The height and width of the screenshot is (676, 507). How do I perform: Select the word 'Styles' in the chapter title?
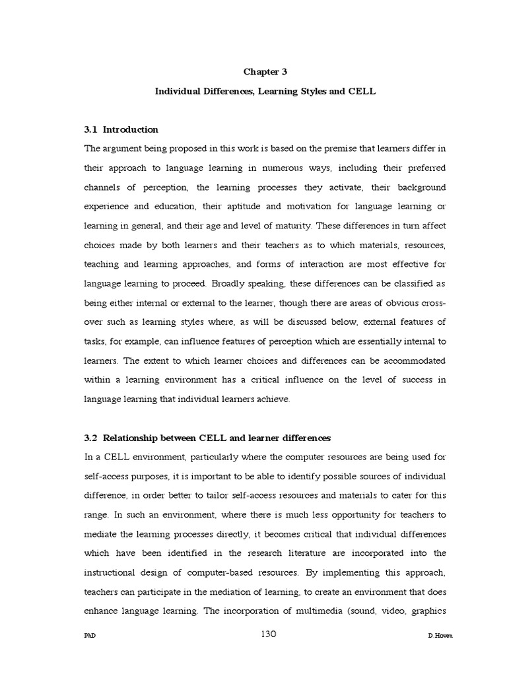[309, 92]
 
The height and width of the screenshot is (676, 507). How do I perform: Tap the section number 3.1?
[91, 129]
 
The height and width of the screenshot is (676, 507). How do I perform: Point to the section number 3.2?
[91, 438]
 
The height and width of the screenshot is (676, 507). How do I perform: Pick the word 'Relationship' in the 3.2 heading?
[133, 438]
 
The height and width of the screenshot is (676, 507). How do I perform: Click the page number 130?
[268, 634]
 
